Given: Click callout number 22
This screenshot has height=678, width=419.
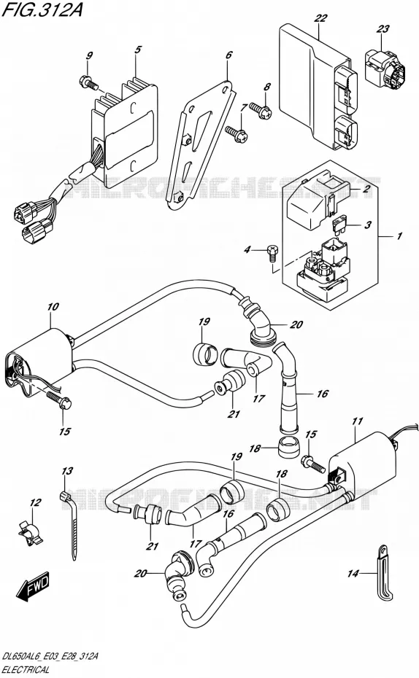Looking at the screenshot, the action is (x=320, y=18).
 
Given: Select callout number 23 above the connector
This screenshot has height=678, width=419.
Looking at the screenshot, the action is (x=383, y=29).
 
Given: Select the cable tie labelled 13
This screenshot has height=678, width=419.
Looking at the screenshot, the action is (x=69, y=523).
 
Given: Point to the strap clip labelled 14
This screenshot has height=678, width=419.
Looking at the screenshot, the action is (x=385, y=572).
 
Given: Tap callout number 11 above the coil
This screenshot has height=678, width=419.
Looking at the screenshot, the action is (x=357, y=421).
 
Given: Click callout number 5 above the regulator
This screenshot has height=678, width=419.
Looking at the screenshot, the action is (x=137, y=50).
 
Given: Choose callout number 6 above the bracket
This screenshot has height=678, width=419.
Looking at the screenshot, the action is (x=229, y=55).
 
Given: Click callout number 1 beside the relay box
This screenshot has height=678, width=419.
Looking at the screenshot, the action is (x=399, y=236).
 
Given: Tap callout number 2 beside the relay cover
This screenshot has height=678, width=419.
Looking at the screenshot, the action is (x=366, y=189).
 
